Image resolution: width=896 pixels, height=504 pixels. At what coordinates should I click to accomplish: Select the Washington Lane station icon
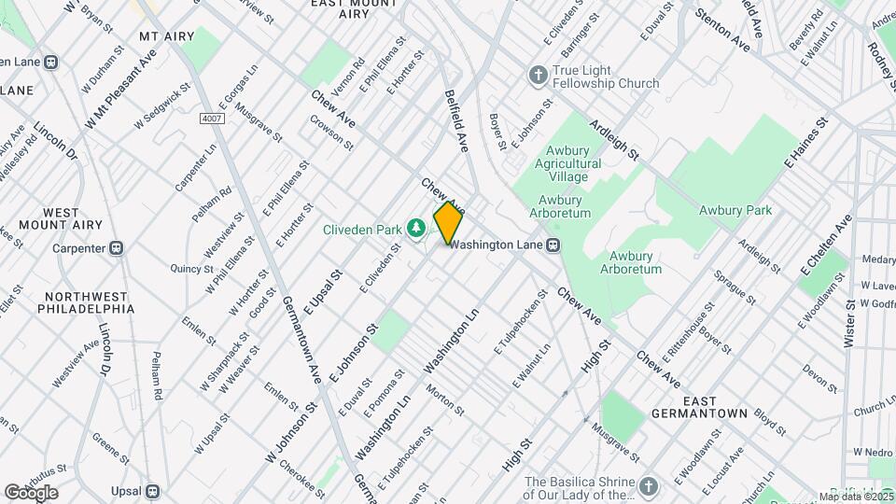553,245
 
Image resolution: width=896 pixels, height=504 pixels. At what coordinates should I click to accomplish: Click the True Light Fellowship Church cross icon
538,75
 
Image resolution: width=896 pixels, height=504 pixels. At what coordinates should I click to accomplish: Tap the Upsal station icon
153,490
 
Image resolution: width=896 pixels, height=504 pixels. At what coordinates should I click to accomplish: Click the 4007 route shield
211,119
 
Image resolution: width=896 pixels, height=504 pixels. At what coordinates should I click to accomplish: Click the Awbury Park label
735,210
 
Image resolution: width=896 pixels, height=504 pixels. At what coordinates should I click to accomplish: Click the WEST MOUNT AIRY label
61,218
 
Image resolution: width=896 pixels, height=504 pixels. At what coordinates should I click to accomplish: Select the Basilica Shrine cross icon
650,486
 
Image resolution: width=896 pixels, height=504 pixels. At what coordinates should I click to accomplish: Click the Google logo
31,493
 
